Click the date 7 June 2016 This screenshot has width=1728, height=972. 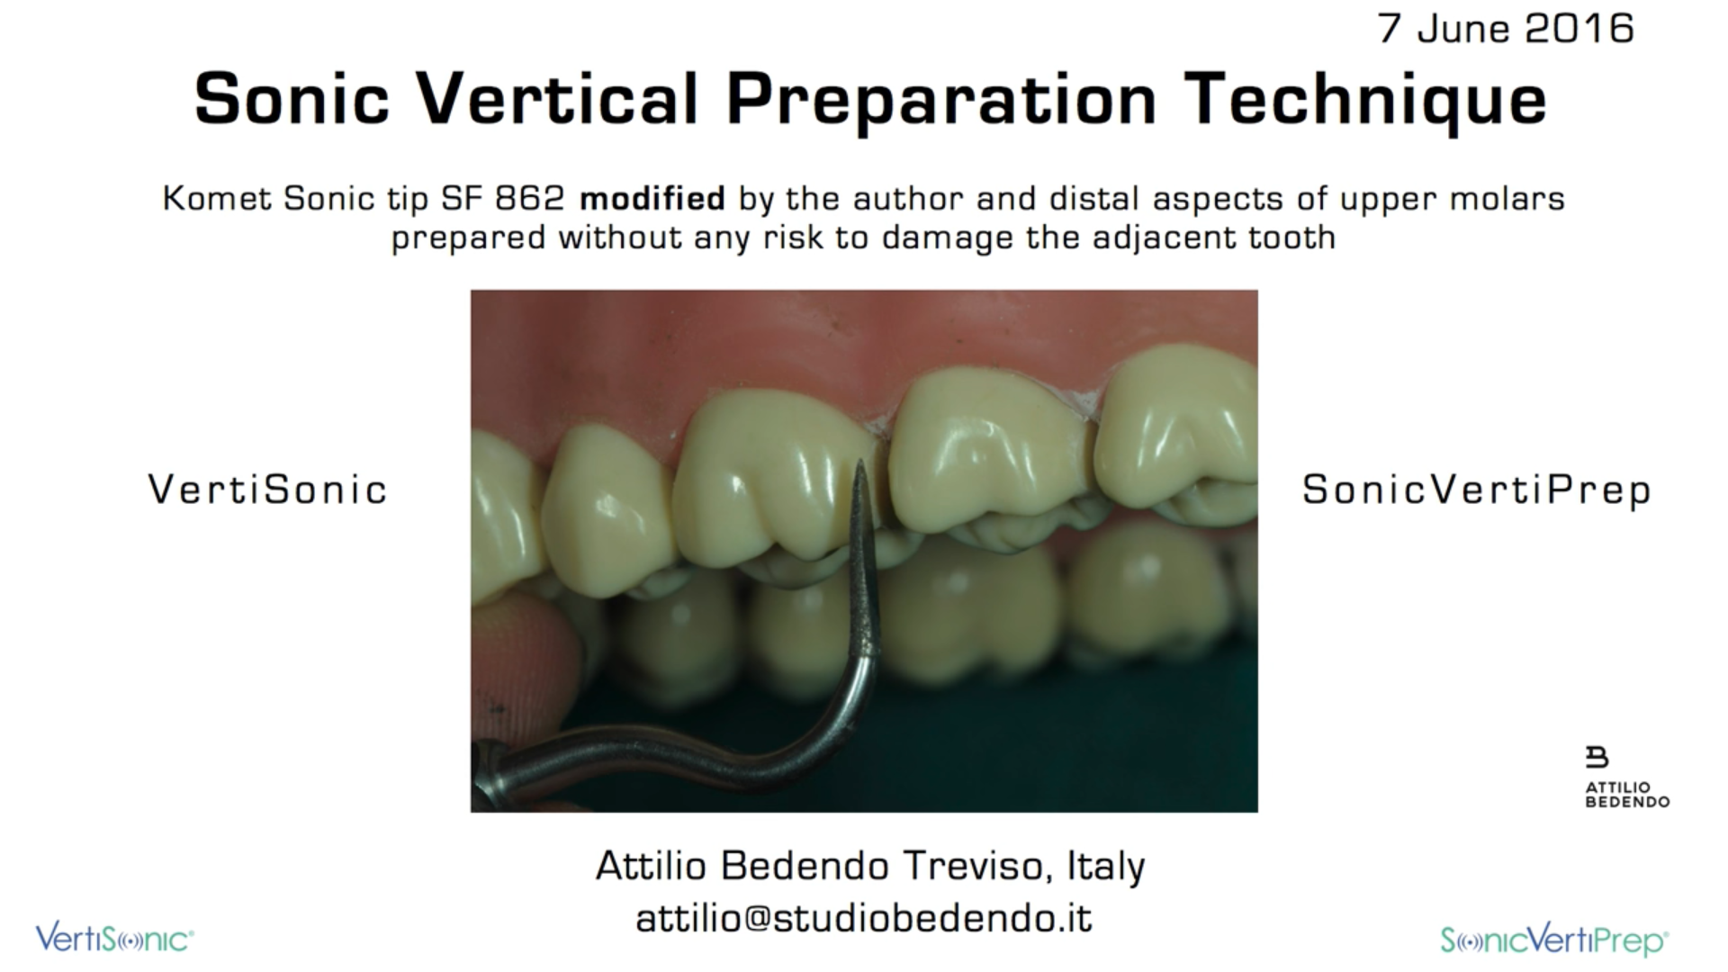1506,28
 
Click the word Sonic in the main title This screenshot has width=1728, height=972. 292,98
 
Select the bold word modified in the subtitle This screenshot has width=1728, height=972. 652,198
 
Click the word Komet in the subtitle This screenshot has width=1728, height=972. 216,198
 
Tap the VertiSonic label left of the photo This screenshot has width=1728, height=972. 267,490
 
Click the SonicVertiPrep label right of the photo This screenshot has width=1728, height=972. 1476,490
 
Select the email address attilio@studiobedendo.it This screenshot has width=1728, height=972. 864,918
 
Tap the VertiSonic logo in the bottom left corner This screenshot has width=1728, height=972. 114,939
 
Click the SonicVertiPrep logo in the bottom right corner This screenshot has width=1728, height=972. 1554,940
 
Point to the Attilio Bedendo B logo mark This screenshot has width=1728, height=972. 1597,757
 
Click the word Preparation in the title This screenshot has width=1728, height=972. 941,101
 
